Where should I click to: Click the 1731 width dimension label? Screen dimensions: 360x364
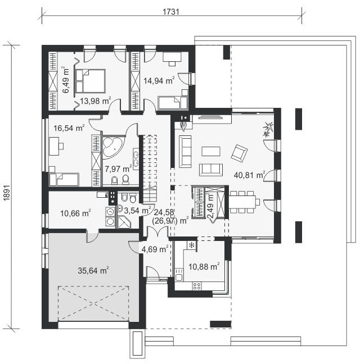coord(171,12)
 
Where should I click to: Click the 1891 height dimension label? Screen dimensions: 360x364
coord(7,193)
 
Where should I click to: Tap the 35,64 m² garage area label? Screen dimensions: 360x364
coord(93,270)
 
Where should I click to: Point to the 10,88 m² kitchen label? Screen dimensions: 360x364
coord(204,266)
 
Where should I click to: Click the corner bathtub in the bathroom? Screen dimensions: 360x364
coord(112,147)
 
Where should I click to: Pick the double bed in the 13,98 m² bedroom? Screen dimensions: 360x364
coord(91,81)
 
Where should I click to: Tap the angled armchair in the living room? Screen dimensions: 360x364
coord(239,153)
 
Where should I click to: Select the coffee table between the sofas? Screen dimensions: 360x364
coord(211,151)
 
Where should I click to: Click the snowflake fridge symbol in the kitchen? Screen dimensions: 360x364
coord(192,245)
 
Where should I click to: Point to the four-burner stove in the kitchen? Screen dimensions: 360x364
coord(197,286)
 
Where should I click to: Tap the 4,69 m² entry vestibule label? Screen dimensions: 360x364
coord(155,249)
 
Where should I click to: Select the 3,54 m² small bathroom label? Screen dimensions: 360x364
coord(138,210)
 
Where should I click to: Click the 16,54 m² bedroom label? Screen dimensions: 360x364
coord(69,128)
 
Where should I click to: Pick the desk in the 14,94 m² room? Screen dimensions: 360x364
coord(172,59)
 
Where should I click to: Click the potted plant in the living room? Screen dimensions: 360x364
coord(268,130)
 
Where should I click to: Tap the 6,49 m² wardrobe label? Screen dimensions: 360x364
coord(66,80)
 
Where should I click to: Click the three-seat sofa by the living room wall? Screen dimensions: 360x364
coord(185,151)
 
